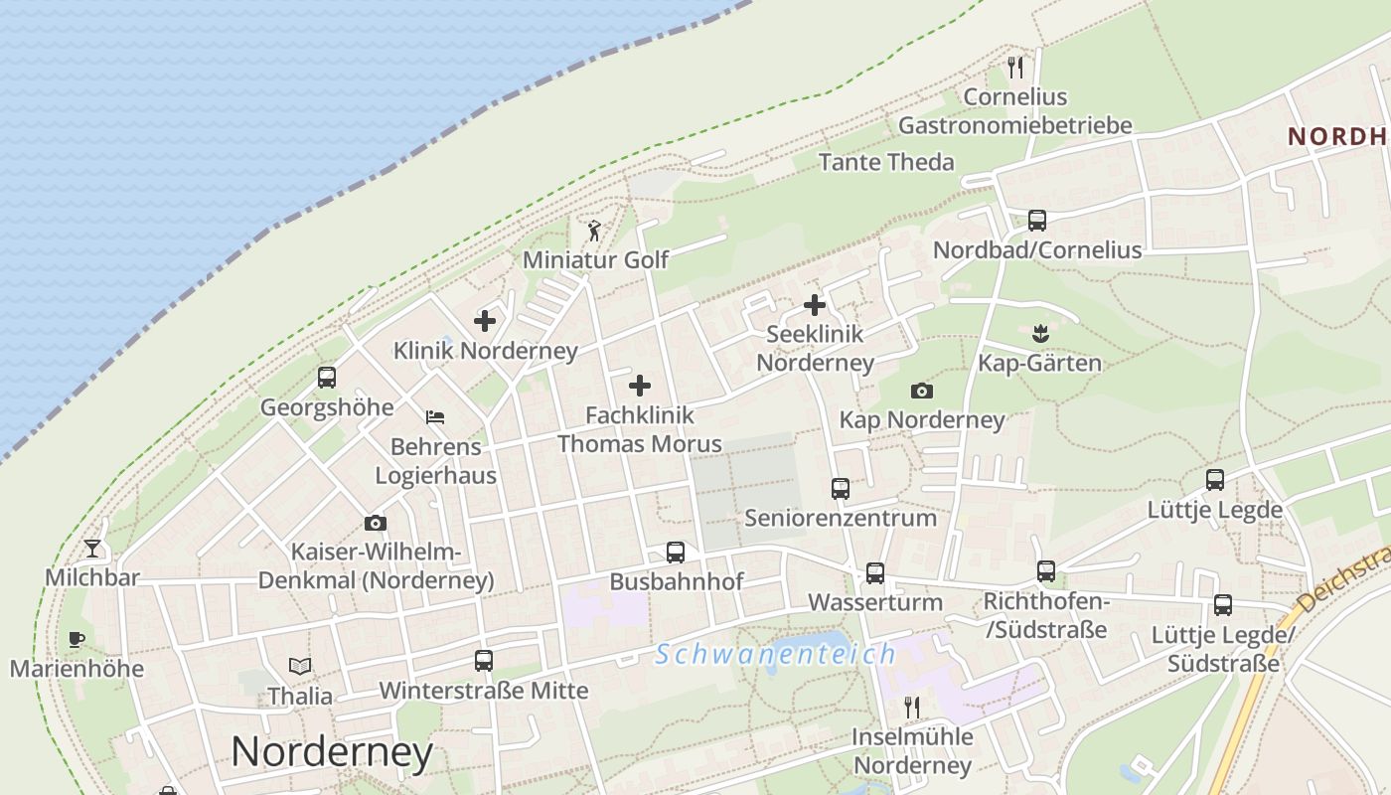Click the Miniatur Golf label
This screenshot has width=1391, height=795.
[595, 260]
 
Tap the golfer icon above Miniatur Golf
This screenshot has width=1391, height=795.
[594, 232]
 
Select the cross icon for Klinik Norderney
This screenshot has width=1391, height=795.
[485, 321]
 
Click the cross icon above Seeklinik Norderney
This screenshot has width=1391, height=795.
[815, 305]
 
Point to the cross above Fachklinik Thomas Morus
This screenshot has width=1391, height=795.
[640, 386]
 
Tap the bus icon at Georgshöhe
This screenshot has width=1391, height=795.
[327, 378]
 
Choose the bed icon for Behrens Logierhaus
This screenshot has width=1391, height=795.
[435, 417]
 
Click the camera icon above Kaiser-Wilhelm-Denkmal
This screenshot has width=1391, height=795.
[376, 523]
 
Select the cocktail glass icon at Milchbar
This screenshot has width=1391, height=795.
[92, 548]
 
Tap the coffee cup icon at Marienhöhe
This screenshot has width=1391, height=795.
[77, 639]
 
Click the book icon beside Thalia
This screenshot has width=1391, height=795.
[300, 666]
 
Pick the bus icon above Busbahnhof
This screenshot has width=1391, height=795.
[676, 553]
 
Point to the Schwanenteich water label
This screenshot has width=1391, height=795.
[776, 654]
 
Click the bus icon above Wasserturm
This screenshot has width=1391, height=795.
[874, 573]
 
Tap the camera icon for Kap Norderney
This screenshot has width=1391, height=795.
[922, 391]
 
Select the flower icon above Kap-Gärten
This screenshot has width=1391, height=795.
[1040, 333]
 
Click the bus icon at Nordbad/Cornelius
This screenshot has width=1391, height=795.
[1037, 221]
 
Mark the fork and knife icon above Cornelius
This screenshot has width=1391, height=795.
[1014, 68]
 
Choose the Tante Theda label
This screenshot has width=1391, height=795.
[886, 162]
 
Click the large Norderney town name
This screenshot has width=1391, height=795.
[332, 752]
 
